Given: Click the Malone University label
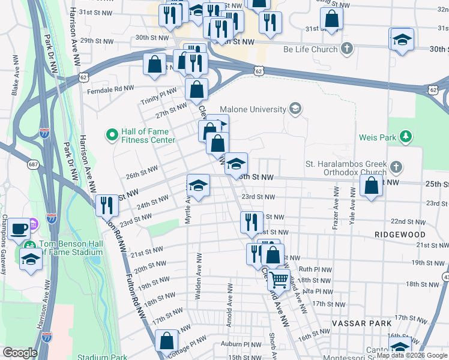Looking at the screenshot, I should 253,109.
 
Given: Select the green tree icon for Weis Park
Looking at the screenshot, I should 406,137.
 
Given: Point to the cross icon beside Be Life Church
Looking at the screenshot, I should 346,49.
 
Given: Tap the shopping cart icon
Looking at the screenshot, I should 278,279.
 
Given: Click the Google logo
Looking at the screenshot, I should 19,353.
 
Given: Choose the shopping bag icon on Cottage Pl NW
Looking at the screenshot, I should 166,341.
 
